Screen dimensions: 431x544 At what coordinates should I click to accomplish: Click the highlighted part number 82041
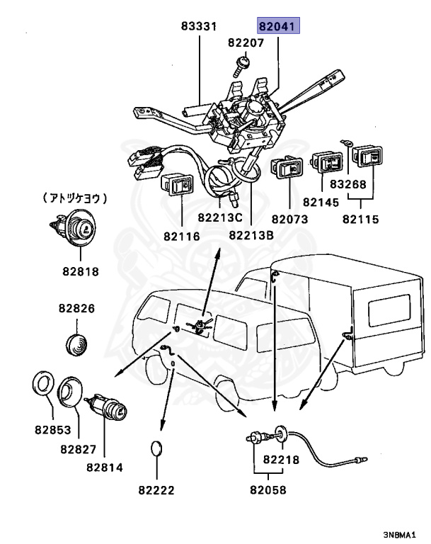[x=277, y=25]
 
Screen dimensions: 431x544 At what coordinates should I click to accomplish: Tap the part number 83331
[x=199, y=26]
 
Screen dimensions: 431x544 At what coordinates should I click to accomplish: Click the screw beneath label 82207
[x=241, y=67]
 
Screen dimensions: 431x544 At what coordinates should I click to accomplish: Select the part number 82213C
[x=220, y=217]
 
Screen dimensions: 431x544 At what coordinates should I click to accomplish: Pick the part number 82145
[x=321, y=202]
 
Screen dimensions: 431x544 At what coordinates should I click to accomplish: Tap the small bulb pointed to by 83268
[x=346, y=142]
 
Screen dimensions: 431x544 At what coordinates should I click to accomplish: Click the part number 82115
[x=361, y=220]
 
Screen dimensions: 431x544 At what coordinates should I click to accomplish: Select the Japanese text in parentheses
[x=75, y=198]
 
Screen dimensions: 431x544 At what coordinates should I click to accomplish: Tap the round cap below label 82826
[x=76, y=345]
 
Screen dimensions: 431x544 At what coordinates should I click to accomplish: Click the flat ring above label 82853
[x=43, y=383]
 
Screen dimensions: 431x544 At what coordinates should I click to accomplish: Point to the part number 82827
[x=79, y=449]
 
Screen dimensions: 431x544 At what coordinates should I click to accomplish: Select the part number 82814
[x=104, y=467]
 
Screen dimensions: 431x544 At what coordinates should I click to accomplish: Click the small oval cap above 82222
[x=156, y=448]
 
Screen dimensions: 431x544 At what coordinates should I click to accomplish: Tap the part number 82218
[x=281, y=460]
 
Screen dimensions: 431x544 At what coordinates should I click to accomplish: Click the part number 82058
[x=268, y=490]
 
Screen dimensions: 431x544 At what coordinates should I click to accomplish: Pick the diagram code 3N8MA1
[x=399, y=535]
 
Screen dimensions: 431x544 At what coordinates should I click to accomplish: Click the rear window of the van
[x=389, y=310]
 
